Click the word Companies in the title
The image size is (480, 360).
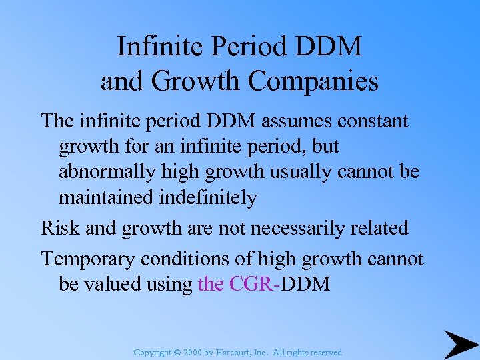313,82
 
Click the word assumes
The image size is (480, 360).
283,121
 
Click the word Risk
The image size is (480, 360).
61,228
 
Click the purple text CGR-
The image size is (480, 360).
254,284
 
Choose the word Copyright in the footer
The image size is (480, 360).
153,352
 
